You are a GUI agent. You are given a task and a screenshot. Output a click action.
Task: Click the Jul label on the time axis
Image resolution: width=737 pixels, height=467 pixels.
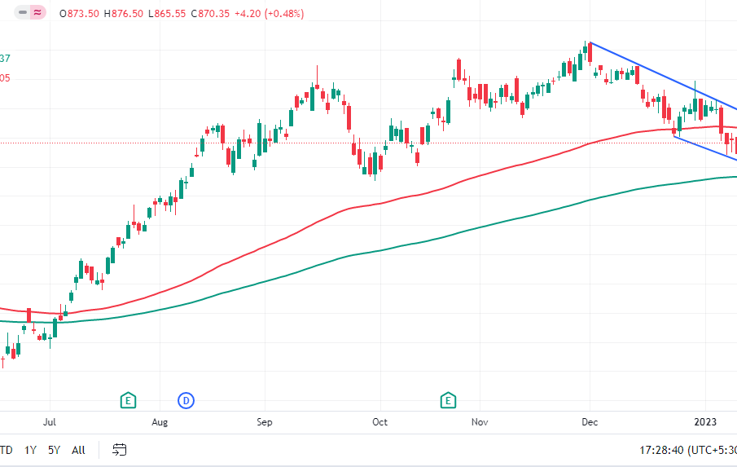(x=50, y=422)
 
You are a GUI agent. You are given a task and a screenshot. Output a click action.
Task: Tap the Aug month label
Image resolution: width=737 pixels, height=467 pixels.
(x=160, y=422)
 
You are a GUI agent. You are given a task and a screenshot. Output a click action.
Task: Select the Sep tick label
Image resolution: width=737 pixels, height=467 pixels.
(x=264, y=422)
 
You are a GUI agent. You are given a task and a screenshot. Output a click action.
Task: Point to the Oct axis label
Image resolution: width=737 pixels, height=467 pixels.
(x=379, y=422)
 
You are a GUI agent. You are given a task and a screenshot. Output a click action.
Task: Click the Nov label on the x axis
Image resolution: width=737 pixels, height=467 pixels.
(x=480, y=422)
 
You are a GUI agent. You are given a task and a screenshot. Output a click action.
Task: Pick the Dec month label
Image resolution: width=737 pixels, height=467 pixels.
(x=590, y=422)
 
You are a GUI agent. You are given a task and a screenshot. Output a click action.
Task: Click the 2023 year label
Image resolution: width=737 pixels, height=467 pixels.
(x=704, y=422)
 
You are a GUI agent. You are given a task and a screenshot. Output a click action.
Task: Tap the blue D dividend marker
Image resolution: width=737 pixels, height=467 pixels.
(x=186, y=400)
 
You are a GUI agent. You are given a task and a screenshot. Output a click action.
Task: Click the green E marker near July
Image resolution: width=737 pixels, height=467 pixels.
(x=128, y=400)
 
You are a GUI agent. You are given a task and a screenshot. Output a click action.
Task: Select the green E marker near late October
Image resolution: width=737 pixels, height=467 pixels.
(x=448, y=400)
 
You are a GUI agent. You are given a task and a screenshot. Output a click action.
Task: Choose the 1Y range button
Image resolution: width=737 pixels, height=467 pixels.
(x=30, y=450)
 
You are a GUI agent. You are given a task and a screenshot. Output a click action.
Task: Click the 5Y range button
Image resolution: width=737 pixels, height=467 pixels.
(x=54, y=450)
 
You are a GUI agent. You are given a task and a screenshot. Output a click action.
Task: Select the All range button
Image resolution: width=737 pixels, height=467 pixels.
(x=78, y=450)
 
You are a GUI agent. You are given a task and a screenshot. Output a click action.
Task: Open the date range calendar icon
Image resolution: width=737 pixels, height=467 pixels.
(x=120, y=450)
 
